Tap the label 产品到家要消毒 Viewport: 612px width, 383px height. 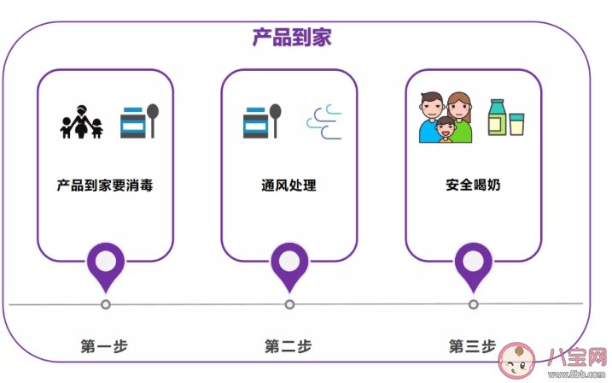(x=105, y=185)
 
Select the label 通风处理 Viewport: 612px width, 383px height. (x=289, y=185)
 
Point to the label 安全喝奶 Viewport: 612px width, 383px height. (x=473, y=185)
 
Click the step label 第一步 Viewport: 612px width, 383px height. (x=104, y=346)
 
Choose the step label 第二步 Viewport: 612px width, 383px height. (x=289, y=346)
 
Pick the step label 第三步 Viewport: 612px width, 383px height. (x=472, y=346)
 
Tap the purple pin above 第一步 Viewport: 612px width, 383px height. (x=106, y=263)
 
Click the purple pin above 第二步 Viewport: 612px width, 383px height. (x=290, y=263)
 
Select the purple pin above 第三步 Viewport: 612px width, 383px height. (x=474, y=263)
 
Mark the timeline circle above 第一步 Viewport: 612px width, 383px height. (x=106, y=304)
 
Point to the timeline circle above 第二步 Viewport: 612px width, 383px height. (x=290, y=304)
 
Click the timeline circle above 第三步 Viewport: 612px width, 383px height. (x=474, y=304)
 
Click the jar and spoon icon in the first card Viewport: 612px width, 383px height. (x=139, y=121)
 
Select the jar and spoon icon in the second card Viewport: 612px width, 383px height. (x=262, y=121)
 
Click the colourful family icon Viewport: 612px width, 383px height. (x=446, y=117)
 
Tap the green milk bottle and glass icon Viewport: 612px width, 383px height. (x=504, y=118)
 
